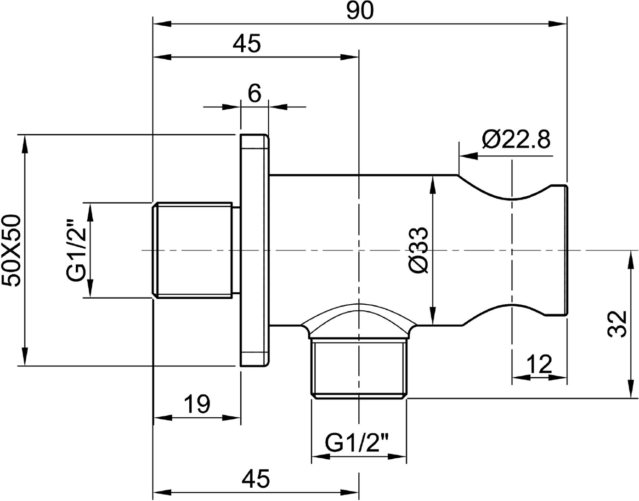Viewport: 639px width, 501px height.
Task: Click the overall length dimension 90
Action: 360,11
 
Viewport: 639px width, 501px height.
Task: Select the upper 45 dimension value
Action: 246,44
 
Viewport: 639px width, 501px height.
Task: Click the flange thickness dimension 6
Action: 254,94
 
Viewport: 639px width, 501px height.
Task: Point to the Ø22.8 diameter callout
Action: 516,139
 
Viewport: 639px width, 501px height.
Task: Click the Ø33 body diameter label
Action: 418,250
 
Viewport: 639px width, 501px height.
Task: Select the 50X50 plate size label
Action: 11,250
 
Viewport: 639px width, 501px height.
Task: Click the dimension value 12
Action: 539,364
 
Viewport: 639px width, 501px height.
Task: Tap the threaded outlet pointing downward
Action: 359,368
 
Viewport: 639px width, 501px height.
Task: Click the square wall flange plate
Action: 254,250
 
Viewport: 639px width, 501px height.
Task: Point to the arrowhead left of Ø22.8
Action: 469,156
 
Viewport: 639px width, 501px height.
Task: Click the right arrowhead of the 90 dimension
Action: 558,24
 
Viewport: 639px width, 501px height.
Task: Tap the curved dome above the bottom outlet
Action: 359,312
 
